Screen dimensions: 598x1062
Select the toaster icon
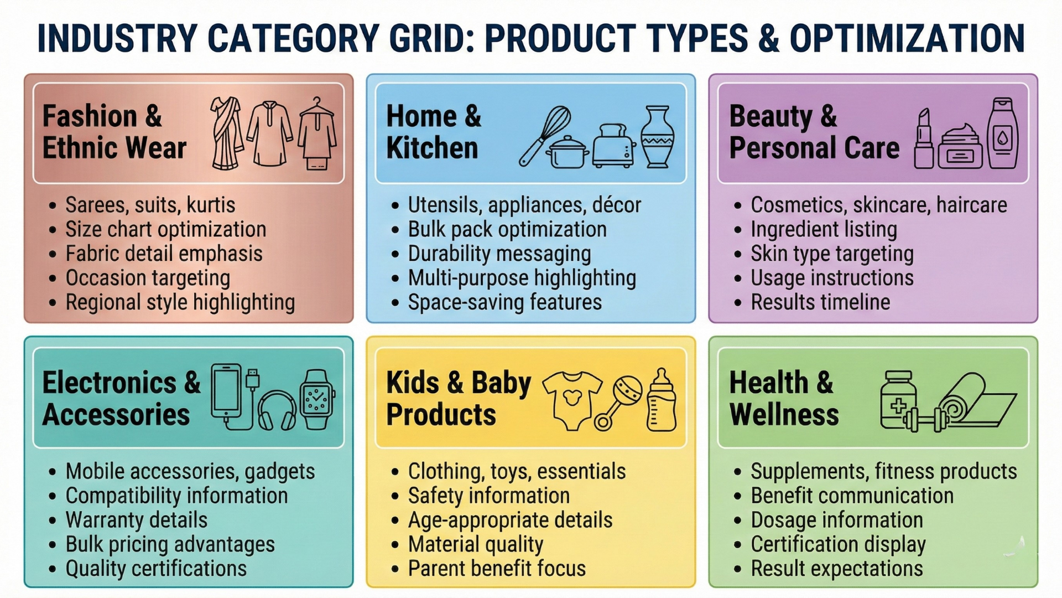tap(613, 145)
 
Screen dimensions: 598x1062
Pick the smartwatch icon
tap(317, 399)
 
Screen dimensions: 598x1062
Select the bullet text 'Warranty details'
tap(136, 520)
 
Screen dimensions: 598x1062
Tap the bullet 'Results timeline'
tap(820, 302)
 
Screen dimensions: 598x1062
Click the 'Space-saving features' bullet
tap(504, 302)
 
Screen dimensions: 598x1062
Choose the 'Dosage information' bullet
tap(836, 520)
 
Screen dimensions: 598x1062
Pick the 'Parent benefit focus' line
tap(496, 569)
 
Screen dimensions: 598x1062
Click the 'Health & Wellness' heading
tap(783, 398)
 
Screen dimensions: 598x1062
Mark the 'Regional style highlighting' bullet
tap(180, 302)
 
